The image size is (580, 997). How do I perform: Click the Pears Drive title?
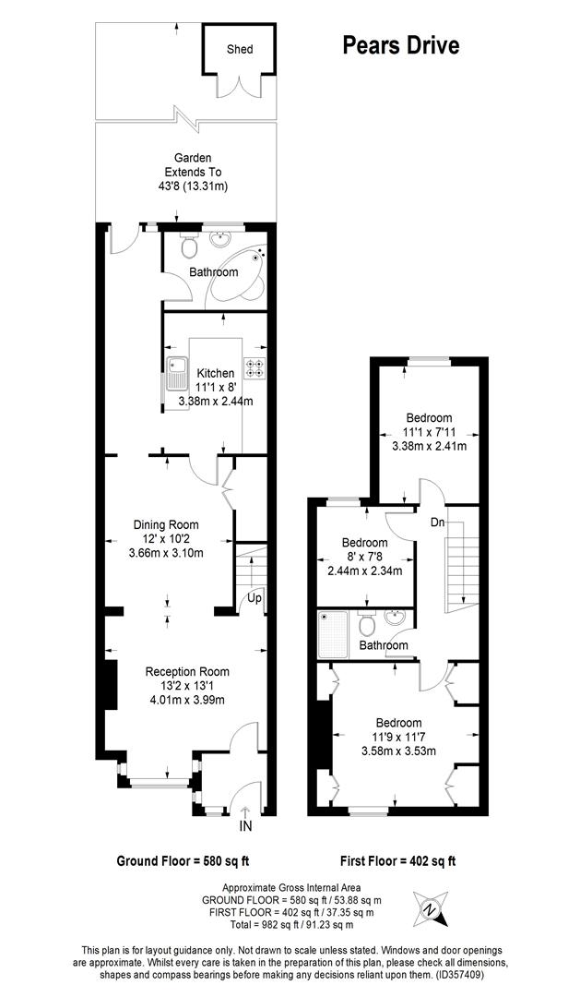(x=400, y=45)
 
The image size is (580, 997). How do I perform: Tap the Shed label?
(x=239, y=49)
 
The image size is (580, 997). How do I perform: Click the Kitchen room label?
(x=215, y=373)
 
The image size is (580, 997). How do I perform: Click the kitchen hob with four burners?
(x=254, y=366)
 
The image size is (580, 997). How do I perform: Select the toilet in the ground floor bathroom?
(x=188, y=246)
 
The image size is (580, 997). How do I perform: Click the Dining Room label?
(x=166, y=524)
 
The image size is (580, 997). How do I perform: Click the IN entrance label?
(x=245, y=825)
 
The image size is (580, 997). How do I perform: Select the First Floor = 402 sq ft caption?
(x=397, y=861)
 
